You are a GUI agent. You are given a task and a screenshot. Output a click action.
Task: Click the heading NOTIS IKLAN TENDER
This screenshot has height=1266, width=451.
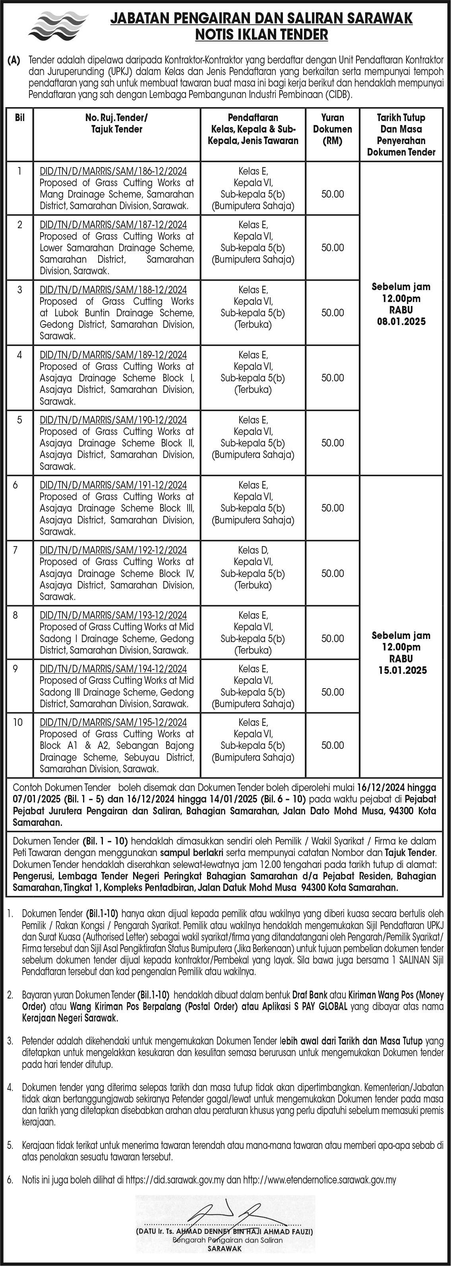(x=261, y=35)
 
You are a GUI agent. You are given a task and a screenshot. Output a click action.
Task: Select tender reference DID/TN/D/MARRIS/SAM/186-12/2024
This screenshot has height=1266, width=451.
(x=113, y=171)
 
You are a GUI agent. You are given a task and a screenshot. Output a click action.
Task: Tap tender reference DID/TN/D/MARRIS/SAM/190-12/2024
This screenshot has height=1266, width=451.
(x=113, y=420)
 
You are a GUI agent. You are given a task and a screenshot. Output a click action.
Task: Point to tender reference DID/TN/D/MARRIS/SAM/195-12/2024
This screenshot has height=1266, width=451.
(x=113, y=722)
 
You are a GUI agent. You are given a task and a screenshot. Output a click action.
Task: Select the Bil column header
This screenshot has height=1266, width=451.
(x=20, y=118)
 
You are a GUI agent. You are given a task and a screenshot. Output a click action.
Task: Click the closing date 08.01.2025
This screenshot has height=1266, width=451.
(x=401, y=322)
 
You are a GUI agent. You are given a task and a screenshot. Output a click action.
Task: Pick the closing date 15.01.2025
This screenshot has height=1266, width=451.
(x=401, y=670)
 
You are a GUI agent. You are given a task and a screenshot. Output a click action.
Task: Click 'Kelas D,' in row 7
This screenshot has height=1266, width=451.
(x=253, y=550)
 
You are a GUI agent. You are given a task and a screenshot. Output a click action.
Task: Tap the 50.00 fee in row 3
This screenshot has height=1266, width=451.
(x=333, y=313)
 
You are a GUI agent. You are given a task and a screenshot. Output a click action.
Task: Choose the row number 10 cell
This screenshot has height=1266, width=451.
(x=18, y=722)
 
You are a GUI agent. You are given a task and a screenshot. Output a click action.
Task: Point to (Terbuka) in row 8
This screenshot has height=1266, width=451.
(x=253, y=650)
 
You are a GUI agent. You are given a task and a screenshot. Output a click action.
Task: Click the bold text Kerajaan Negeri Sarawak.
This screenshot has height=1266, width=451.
(x=70, y=1018)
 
